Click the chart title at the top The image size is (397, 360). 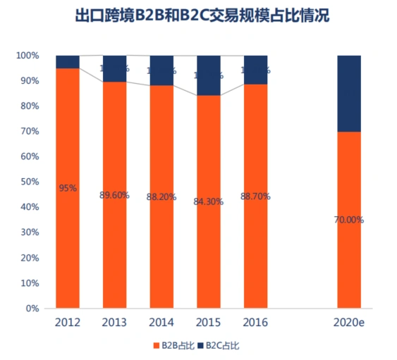pyautogui.click(x=198, y=15)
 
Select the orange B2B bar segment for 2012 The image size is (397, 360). pyautogui.click(x=68, y=240)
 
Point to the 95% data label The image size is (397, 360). pyautogui.click(x=68, y=188)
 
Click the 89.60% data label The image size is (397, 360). pyautogui.click(x=114, y=195)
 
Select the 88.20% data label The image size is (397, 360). pyautogui.click(x=161, y=197)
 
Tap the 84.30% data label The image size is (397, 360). pyautogui.click(x=208, y=201)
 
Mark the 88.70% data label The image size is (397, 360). pyautogui.click(x=255, y=196)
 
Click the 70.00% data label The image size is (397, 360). pyautogui.click(x=349, y=220)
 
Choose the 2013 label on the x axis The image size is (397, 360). pyautogui.click(x=114, y=323)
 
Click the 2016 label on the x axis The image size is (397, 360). pyautogui.click(x=255, y=323)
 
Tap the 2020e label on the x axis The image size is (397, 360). pyautogui.click(x=349, y=323)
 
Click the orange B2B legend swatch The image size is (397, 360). pyautogui.click(x=156, y=347)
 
